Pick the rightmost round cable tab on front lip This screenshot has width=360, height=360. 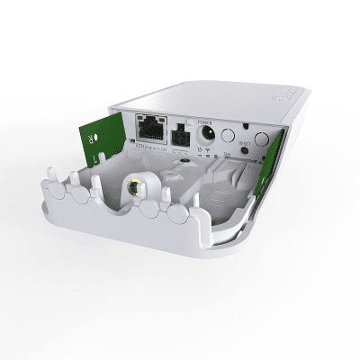177,214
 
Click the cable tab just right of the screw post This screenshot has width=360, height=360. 150,210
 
